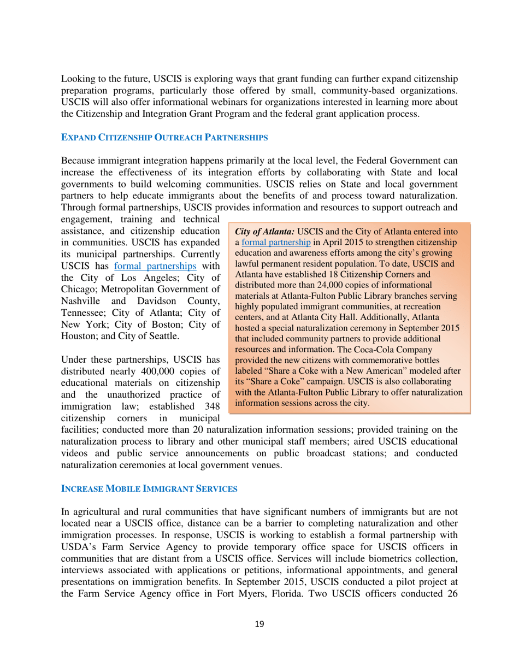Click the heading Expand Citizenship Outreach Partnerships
pyautogui.click(x=164, y=138)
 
